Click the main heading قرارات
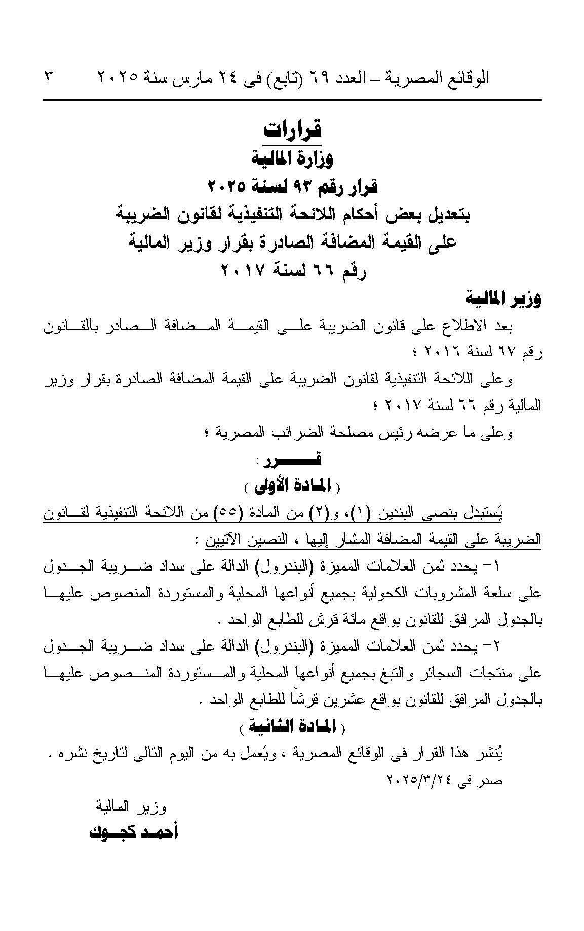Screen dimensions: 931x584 point(293,130)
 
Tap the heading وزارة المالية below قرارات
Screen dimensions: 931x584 point(293,159)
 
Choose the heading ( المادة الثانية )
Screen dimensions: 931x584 point(293,727)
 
